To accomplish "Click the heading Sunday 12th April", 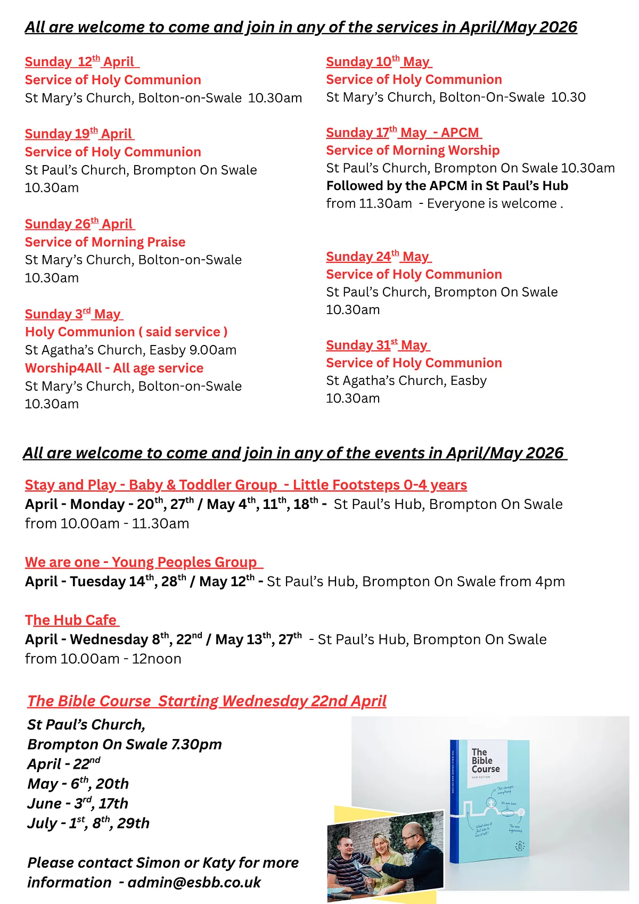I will click(x=81, y=62).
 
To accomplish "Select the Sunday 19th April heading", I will click(x=79, y=134).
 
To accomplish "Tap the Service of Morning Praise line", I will click(x=105, y=242).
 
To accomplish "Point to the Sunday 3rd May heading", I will click(x=73, y=314).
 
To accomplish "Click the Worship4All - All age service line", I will click(x=114, y=368).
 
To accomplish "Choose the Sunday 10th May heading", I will click(x=379, y=62).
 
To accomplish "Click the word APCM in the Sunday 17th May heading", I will click(x=460, y=133).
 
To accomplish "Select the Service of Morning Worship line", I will click(x=413, y=150).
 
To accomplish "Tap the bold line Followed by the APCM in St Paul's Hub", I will click(x=447, y=186).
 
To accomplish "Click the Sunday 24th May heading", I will click(x=378, y=257).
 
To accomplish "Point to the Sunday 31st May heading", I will click(x=378, y=345).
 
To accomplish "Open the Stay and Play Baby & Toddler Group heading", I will click(x=245, y=485).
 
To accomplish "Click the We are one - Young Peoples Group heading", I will click(x=143, y=562).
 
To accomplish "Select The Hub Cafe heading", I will click(x=71, y=620).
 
